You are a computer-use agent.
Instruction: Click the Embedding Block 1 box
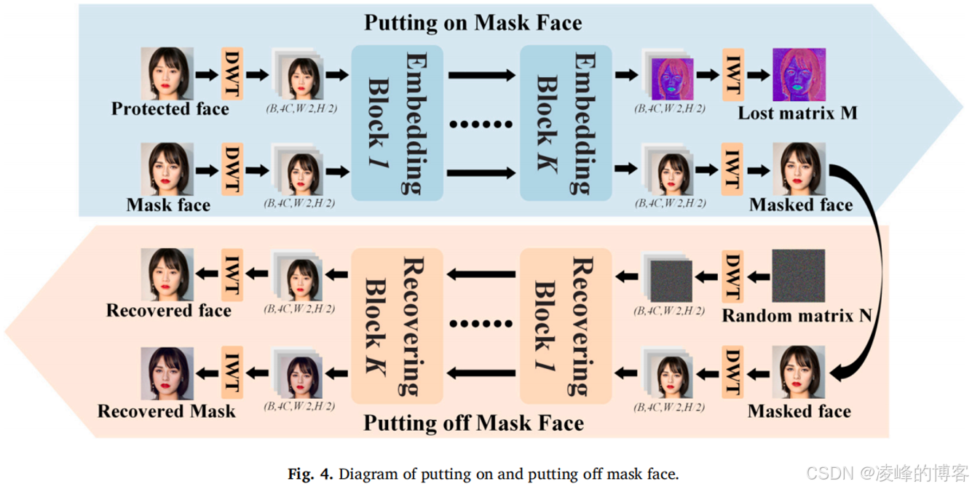point(397,123)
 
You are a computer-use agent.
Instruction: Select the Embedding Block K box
point(566,123)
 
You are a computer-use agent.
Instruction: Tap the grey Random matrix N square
point(799,277)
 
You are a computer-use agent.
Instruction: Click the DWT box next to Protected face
point(232,74)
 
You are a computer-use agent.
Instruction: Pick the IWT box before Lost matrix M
point(732,74)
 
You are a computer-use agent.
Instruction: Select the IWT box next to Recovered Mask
point(232,374)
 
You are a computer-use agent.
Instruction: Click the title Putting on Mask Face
point(473,23)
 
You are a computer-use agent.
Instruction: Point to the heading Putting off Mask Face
point(473,423)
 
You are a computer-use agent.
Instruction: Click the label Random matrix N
point(797,316)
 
